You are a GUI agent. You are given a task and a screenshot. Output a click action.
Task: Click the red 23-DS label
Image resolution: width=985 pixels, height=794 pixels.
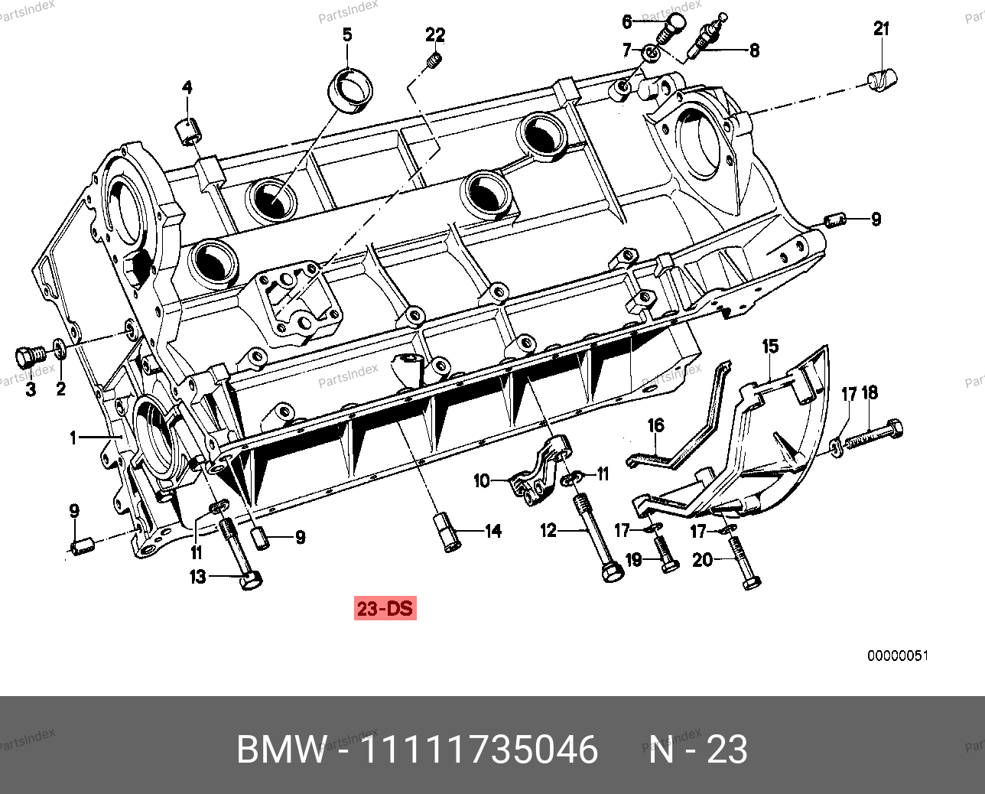[385, 609]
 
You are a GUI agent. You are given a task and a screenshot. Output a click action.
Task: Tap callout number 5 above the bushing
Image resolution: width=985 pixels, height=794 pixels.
[347, 35]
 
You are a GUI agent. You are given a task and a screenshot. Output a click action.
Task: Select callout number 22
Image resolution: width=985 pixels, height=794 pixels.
[435, 35]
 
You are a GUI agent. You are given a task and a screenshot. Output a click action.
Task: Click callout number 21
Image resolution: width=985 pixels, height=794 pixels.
[882, 29]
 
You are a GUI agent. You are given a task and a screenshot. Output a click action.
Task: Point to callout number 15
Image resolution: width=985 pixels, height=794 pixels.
[770, 347]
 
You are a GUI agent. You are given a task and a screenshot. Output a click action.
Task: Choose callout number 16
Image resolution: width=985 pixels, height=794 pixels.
[656, 426]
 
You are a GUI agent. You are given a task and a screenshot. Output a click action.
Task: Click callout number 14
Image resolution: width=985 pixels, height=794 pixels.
[493, 530]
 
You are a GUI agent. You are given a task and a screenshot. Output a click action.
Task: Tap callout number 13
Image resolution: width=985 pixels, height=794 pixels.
[198, 577]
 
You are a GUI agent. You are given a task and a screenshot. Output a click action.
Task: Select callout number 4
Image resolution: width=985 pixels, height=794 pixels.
[187, 87]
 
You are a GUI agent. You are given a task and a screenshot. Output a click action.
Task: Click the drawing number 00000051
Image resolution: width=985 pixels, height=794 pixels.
[897, 656]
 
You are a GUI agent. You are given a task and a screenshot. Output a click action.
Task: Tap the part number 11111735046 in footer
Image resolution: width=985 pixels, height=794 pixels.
[479, 750]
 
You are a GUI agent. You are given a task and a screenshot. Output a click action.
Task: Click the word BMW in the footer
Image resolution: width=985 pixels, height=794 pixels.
[281, 750]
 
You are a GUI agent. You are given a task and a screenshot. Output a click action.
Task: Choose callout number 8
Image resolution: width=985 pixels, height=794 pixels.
[754, 50]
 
